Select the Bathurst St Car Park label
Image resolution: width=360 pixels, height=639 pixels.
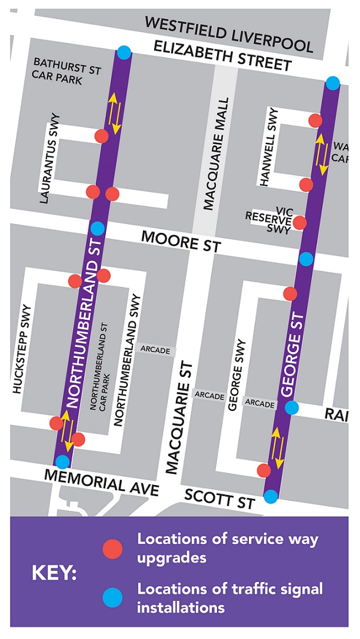point(66,71)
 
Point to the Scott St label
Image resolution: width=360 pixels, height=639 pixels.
point(219,499)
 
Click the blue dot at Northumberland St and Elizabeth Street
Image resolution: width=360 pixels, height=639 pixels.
point(124,53)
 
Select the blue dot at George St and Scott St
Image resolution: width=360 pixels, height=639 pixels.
point(271,497)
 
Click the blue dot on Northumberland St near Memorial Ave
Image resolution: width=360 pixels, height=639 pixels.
point(62,462)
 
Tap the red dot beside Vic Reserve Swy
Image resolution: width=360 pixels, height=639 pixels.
point(300,222)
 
